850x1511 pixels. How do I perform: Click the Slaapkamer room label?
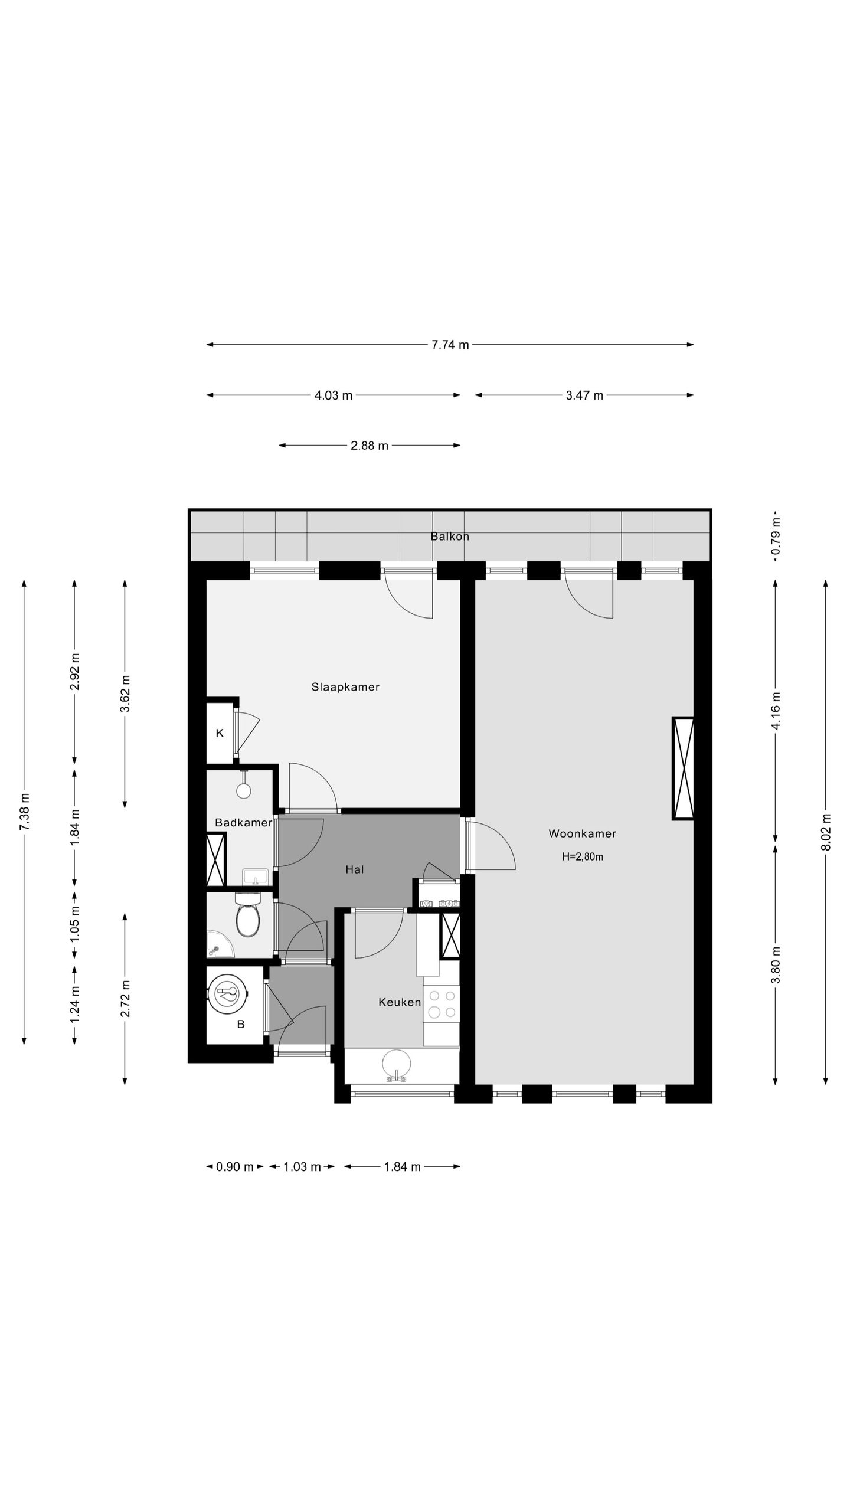(345, 686)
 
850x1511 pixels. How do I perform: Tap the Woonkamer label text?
(582, 833)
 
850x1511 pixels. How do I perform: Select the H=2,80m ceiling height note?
(582, 856)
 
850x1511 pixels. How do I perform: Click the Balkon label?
(450, 537)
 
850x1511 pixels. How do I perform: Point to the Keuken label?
(400, 1002)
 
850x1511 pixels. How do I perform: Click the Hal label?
(355, 869)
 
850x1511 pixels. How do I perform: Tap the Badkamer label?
(243, 822)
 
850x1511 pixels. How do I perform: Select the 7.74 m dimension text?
(450, 345)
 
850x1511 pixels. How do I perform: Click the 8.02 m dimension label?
(826, 832)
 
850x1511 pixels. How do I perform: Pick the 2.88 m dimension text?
(370, 446)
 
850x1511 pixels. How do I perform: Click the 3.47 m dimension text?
(584, 395)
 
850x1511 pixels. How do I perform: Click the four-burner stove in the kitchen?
(442, 1004)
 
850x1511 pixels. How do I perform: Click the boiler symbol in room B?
(230, 993)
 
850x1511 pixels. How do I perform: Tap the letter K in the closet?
(220, 733)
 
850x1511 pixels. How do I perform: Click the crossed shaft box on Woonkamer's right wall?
(683, 768)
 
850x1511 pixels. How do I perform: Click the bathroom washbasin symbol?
(256, 876)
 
